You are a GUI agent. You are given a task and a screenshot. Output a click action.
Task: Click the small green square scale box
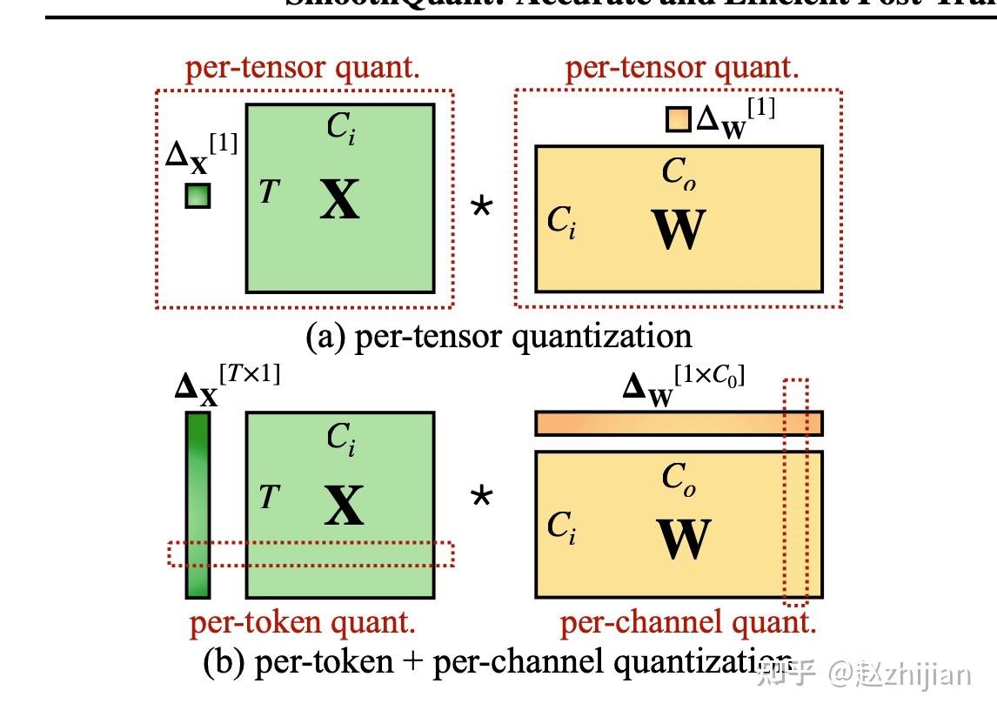click(x=197, y=196)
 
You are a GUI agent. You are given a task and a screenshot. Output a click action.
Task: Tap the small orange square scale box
click(x=679, y=119)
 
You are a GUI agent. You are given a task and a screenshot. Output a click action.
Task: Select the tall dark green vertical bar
click(x=197, y=505)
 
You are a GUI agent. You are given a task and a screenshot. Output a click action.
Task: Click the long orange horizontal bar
click(x=679, y=423)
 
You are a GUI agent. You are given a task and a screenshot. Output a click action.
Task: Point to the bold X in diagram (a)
click(x=339, y=200)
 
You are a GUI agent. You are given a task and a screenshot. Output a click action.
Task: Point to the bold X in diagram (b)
click(x=344, y=506)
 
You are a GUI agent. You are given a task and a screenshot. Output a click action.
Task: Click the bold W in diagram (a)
click(x=679, y=231)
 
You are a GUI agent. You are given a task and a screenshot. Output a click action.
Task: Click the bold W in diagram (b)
click(x=684, y=539)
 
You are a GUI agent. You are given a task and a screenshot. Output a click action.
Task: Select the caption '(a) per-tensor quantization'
click(x=498, y=336)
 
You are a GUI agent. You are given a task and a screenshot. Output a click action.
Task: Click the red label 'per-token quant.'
click(x=303, y=622)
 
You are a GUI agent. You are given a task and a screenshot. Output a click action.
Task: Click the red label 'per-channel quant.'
click(x=687, y=622)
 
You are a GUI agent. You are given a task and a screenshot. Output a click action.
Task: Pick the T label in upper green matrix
click(x=269, y=191)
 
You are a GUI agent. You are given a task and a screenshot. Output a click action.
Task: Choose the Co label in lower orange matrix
click(x=679, y=478)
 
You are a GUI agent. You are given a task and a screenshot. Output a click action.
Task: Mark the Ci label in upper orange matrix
click(x=561, y=222)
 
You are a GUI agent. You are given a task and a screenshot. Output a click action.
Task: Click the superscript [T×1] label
click(x=250, y=377)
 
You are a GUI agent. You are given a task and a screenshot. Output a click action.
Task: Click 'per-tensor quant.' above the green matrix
click(x=303, y=68)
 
